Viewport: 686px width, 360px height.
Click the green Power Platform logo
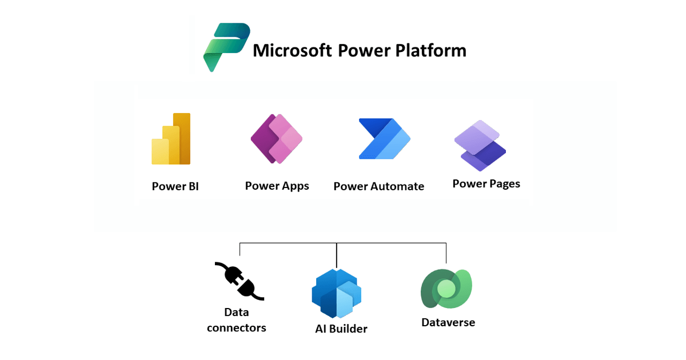[x=225, y=46]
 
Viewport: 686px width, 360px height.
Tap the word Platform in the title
[x=430, y=50]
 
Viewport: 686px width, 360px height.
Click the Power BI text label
[x=175, y=186]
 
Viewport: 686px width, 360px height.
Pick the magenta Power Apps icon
[x=277, y=139]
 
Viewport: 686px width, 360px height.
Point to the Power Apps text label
[x=277, y=186]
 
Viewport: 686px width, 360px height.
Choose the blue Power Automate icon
[x=384, y=139]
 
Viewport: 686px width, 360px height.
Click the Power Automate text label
[x=378, y=186]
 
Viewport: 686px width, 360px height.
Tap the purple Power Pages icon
[x=480, y=145]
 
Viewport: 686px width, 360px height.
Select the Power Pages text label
[x=486, y=184]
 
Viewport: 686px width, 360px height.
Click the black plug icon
[x=239, y=281]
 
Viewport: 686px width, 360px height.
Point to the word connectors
[x=236, y=328]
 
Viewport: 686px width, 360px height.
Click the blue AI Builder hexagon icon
[x=337, y=293]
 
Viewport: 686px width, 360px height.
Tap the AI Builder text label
[x=341, y=329]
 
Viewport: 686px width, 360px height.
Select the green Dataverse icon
[x=446, y=289]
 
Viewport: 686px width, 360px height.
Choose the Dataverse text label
[x=448, y=322]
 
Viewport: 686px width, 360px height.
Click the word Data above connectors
[x=236, y=313]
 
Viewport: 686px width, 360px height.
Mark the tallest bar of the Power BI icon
[x=182, y=138]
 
